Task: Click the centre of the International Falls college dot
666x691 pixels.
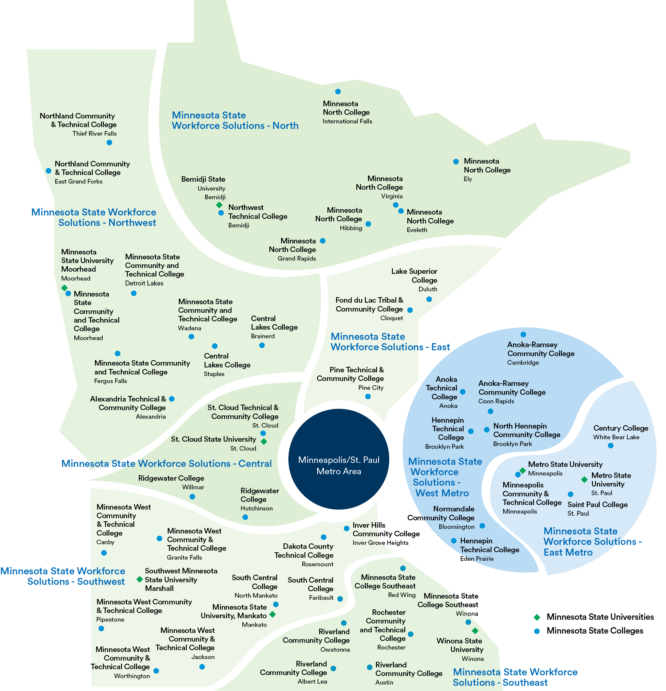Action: pyautogui.click(x=338, y=92)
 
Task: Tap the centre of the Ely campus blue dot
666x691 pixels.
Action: pyautogui.click(x=456, y=161)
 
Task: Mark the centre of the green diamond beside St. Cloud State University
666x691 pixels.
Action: pyautogui.click(x=264, y=441)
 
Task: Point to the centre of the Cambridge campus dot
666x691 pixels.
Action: pyautogui.click(x=523, y=334)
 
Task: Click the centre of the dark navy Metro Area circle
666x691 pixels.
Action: pyautogui.click(x=339, y=459)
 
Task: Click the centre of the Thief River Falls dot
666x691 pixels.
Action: pyautogui.click(x=109, y=142)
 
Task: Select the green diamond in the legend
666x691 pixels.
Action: pyautogui.click(x=537, y=617)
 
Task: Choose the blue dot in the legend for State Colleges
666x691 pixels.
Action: pyautogui.click(x=537, y=631)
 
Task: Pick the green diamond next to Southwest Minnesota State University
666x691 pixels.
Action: pyautogui.click(x=139, y=579)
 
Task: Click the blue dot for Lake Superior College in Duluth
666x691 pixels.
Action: pyautogui.click(x=429, y=299)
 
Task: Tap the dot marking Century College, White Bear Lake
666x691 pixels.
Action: pyautogui.click(x=611, y=446)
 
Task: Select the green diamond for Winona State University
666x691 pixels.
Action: pyautogui.click(x=475, y=631)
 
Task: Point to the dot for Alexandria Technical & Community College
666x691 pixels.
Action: pyautogui.click(x=172, y=399)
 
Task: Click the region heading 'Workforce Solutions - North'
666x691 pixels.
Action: pyautogui.click(x=235, y=126)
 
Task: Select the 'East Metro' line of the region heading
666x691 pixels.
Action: pyautogui.click(x=568, y=552)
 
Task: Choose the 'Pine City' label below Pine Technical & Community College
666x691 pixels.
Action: pyautogui.click(x=371, y=388)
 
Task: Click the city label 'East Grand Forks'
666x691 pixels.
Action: pyautogui.click(x=79, y=181)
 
